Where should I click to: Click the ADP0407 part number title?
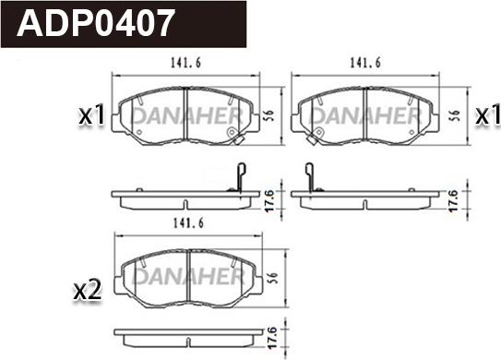[x=96, y=23]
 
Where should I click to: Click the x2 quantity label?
[x=88, y=290]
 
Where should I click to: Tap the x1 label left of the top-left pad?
[x=91, y=114]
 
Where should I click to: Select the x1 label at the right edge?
[x=487, y=114]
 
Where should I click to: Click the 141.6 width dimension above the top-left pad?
[x=186, y=63]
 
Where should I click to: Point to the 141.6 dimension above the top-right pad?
[x=365, y=63]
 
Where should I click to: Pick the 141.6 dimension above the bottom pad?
[x=188, y=223]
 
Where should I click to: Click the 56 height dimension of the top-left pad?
[x=270, y=115]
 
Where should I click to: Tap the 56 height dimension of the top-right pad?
[x=456, y=115]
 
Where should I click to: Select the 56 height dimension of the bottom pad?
[x=274, y=277]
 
